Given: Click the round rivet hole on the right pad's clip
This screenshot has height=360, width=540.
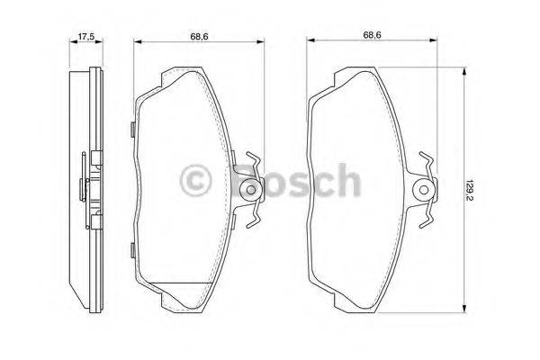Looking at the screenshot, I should [x=425, y=191].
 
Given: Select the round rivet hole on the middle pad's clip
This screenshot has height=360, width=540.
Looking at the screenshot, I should [x=251, y=191].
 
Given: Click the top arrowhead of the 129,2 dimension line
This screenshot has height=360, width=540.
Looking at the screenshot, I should [x=464, y=76].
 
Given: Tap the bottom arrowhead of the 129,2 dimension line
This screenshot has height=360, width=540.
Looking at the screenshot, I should [x=464, y=306].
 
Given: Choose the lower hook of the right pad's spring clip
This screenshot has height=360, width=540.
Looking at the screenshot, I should [x=429, y=219].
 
